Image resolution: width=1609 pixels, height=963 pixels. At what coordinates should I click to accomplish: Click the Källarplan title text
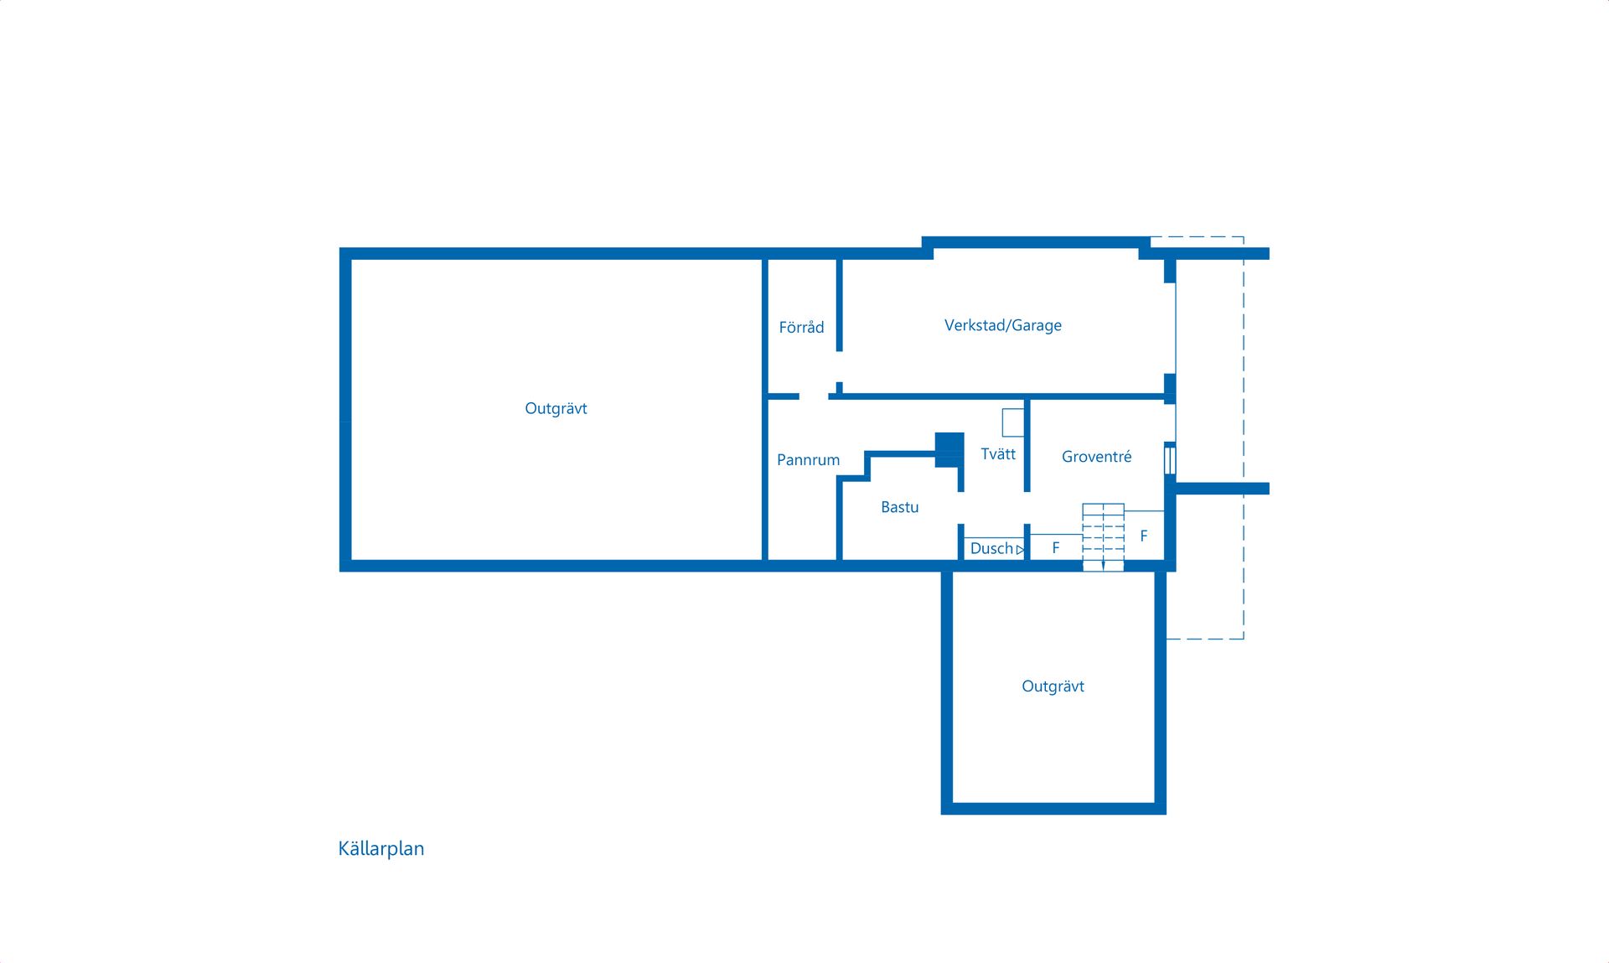[x=381, y=848]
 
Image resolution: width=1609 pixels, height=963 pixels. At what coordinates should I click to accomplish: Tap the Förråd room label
[x=801, y=327]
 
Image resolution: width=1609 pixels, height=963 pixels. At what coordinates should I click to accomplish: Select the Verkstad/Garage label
[x=1003, y=325]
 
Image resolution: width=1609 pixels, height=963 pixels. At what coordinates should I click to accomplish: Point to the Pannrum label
[x=808, y=459]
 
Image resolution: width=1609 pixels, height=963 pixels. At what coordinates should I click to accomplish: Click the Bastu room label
[x=900, y=507]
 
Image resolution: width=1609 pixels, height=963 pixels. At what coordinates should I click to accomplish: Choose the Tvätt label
[x=998, y=453]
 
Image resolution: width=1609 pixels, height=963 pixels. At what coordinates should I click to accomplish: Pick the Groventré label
[x=1096, y=456]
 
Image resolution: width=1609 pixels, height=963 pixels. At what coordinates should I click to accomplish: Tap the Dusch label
[x=991, y=548]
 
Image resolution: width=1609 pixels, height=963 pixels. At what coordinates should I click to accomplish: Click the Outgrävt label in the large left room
[x=556, y=409]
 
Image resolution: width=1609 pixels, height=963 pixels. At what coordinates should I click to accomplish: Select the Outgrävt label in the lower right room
[x=1053, y=686]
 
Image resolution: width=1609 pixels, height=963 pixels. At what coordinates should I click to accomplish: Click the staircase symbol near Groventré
[x=1103, y=537]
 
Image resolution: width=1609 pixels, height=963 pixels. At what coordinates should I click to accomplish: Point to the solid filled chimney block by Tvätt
[x=949, y=450]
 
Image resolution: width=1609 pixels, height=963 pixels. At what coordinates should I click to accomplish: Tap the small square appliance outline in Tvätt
[x=1013, y=422]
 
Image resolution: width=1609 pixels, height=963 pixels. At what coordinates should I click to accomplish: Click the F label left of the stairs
[x=1056, y=547]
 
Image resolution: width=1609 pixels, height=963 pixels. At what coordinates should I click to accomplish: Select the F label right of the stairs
[x=1144, y=536]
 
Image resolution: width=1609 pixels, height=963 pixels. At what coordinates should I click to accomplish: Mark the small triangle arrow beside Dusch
[x=1020, y=550]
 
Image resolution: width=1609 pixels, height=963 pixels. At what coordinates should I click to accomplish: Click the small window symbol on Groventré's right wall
[x=1170, y=460]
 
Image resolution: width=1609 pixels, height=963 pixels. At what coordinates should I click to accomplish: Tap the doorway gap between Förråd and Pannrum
[x=814, y=396]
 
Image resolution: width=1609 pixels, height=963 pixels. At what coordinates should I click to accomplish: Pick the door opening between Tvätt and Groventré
[x=1027, y=508]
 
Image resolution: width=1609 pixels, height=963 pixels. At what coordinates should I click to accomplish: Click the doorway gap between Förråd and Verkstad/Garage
[x=839, y=367]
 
